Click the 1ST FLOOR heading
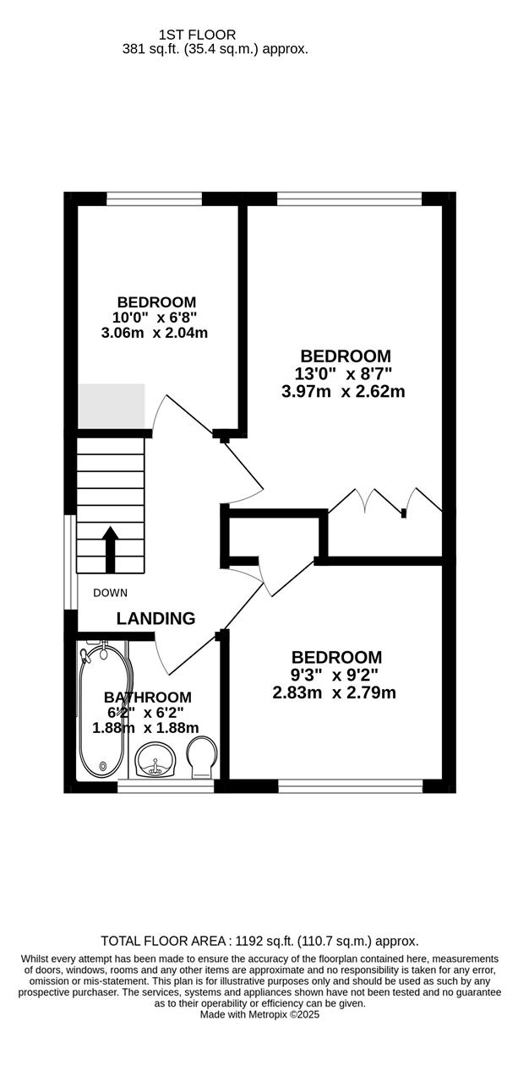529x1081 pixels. click(x=197, y=35)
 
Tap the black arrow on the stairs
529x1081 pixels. click(x=111, y=550)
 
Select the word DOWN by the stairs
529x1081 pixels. click(x=111, y=593)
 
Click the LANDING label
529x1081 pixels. click(x=155, y=618)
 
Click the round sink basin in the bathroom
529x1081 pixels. click(x=155, y=760)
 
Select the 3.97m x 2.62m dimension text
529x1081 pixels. click(x=343, y=391)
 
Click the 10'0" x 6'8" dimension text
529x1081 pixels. click(x=155, y=318)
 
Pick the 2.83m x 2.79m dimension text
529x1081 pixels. click(x=335, y=693)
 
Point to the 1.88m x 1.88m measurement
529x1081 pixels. click(x=145, y=728)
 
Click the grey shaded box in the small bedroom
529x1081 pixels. click(x=112, y=406)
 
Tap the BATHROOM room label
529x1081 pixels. click(x=148, y=698)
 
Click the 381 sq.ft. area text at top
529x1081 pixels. click(x=215, y=49)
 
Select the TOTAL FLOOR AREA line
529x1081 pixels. click(x=259, y=941)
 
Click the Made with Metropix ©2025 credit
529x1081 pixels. click(x=259, y=1015)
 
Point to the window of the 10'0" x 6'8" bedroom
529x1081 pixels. click(x=154, y=198)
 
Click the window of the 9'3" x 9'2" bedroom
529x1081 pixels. click(x=351, y=786)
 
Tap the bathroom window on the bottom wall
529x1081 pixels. click(x=166, y=786)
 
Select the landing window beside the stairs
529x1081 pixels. click(x=70, y=562)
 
